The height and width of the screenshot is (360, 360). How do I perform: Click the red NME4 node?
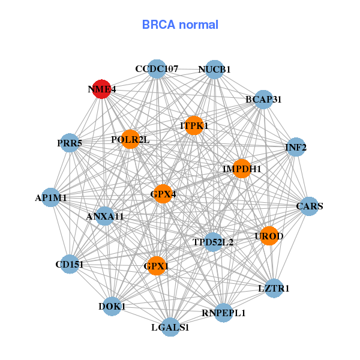pyautogui.click(x=102, y=89)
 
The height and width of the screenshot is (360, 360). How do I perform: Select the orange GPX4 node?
pyautogui.click(x=163, y=194)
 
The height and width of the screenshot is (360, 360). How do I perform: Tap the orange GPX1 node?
pyautogui.click(x=157, y=265)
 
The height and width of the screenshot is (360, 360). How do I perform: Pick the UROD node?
pyautogui.click(x=269, y=236)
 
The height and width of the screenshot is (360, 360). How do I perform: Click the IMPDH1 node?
pyautogui.click(x=242, y=169)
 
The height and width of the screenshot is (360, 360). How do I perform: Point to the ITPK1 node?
pyautogui.click(x=194, y=125)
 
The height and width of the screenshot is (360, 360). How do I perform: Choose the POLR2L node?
pyautogui.click(x=130, y=140)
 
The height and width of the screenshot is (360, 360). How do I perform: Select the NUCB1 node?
pyautogui.click(x=214, y=70)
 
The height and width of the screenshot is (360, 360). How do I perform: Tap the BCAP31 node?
pyautogui.click(x=263, y=99)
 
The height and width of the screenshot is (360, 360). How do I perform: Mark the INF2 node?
pyautogui.click(x=296, y=147)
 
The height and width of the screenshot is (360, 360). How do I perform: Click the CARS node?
pyautogui.click(x=310, y=206)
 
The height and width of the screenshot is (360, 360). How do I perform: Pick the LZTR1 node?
pyautogui.click(x=274, y=288)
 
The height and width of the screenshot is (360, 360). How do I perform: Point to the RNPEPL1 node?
pyautogui.click(x=224, y=313)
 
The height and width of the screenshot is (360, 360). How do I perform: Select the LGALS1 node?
pyautogui.click(x=170, y=327)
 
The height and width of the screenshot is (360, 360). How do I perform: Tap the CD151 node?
pyautogui.click(x=70, y=264)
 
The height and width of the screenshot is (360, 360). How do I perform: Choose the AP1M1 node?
pyautogui.click(x=51, y=197)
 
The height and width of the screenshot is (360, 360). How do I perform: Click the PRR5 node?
pyautogui.click(x=70, y=143)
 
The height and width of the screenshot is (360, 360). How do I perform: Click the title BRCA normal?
pyautogui.click(x=180, y=25)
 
